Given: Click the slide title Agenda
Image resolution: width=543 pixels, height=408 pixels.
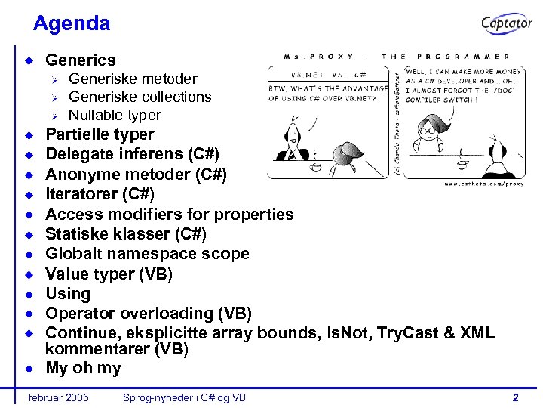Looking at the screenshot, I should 72,23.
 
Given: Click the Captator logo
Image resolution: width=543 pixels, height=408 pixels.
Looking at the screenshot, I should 507,23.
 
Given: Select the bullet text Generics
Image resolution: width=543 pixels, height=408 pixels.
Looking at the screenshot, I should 81,60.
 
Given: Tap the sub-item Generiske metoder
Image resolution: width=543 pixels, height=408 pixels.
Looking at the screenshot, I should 133,79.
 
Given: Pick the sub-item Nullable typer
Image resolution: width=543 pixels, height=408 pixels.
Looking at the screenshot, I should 115,116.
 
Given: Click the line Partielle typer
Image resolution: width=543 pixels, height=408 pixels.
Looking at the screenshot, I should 100,135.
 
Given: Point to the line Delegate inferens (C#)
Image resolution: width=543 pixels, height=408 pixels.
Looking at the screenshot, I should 132,155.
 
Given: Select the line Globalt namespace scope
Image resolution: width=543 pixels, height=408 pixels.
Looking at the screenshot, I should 147,254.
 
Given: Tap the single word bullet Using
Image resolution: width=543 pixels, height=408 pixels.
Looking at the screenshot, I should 68,294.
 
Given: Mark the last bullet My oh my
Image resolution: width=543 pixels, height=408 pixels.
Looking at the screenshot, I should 83,369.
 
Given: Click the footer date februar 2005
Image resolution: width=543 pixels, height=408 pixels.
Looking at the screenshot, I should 57,397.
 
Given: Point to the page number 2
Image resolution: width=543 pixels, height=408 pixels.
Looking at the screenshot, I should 515,397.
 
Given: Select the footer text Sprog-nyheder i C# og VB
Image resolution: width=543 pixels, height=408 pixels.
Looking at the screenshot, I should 183,397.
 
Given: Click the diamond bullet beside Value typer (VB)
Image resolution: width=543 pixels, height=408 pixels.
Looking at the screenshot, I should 29,274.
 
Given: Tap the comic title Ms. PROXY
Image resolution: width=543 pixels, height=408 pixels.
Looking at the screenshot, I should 316,57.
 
